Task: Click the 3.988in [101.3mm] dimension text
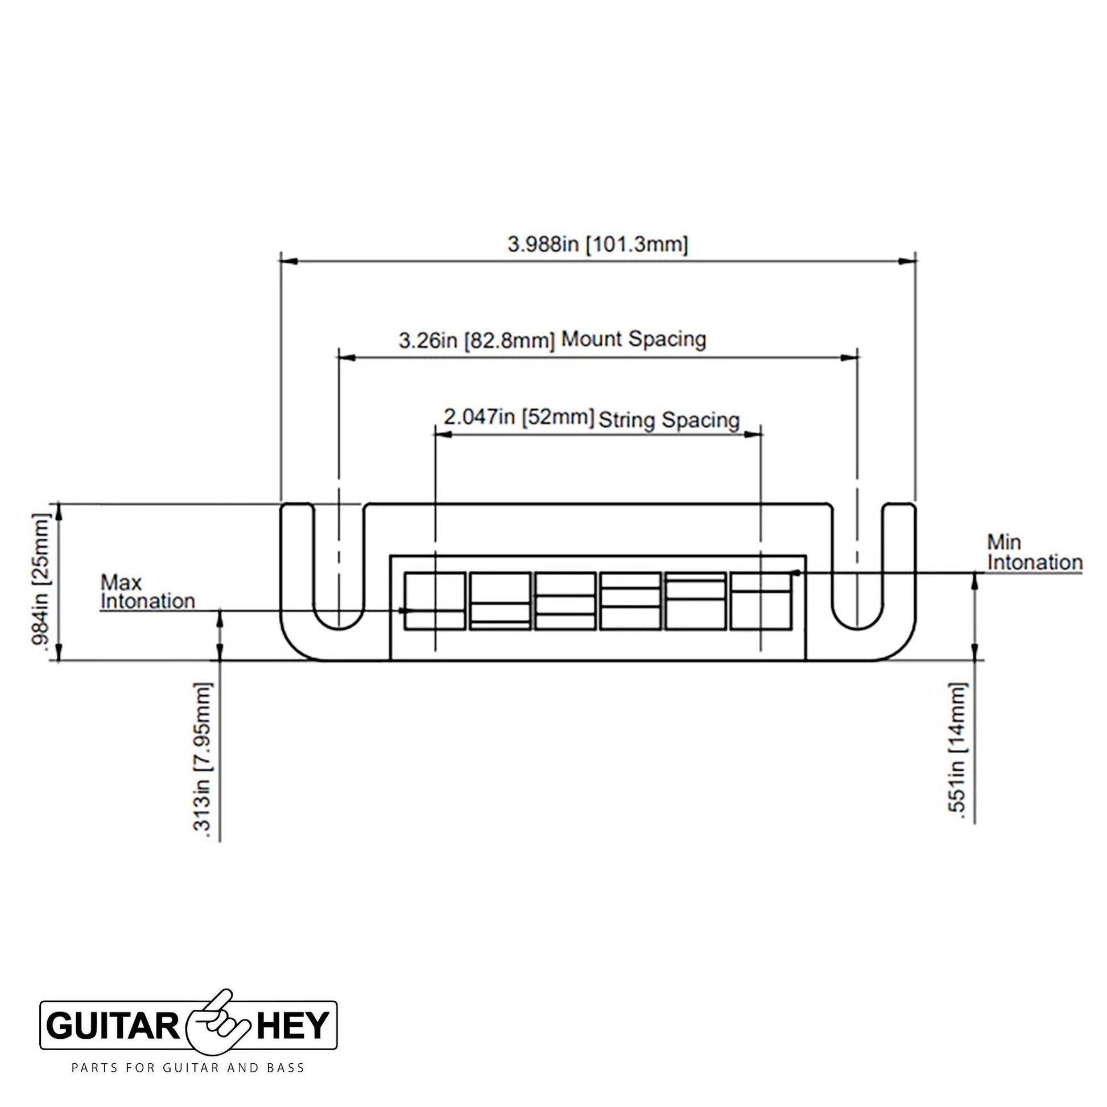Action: click(x=598, y=245)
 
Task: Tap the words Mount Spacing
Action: click(x=633, y=339)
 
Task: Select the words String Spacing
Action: click(x=669, y=420)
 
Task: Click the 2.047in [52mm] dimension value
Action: click(x=519, y=417)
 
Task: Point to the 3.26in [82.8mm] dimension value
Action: click(x=477, y=341)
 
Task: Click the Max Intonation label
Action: click(x=147, y=592)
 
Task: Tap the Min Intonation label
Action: click(x=1035, y=552)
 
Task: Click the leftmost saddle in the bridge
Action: click(x=434, y=601)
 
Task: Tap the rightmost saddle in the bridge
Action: click(x=761, y=601)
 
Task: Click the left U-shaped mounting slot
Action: click(x=339, y=627)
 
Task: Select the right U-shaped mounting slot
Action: click(x=857, y=627)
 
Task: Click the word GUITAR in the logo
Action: click(x=113, y=1025)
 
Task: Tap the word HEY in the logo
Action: click(x=293, y=1025)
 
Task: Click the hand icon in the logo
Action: click(x=218, y=1024)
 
